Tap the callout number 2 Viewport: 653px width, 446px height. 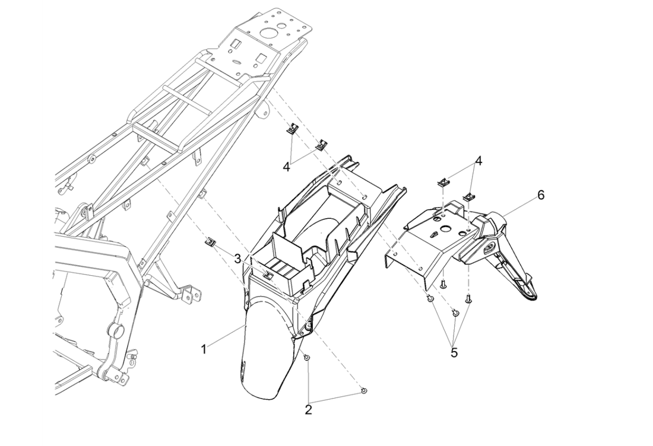(309, 409)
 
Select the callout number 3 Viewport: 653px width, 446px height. (237, 259)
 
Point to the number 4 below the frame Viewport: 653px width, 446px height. (287, 167)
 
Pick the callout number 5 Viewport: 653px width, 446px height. (454, 352)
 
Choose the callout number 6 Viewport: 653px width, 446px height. (541, 195)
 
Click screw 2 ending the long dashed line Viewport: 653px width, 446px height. (364, 390)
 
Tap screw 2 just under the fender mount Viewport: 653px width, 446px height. (306, 359)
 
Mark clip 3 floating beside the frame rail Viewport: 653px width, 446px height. (210, 241)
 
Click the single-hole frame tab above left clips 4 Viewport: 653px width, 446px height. (261, 110)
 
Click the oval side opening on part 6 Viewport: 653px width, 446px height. (492, 247)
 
